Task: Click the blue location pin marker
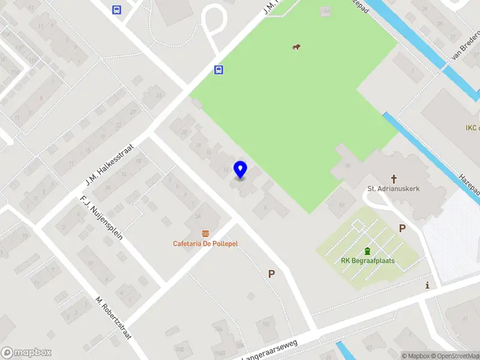click(241, 170)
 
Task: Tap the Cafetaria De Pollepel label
click(205, 243)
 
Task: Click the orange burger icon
click(205, 233)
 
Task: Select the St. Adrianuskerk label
click(394, 188)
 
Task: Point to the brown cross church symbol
click(394, 178)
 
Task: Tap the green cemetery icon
click(367, 251)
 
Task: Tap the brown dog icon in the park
click(296, 47)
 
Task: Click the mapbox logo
click(26, 353)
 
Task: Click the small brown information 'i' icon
click(427, 285)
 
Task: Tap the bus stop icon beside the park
click(219, 70)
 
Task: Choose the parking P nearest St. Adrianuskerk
click(402, 228)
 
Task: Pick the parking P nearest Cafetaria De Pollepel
click(272, 274)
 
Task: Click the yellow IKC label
click(473, 128)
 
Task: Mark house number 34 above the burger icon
click(198, 217)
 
